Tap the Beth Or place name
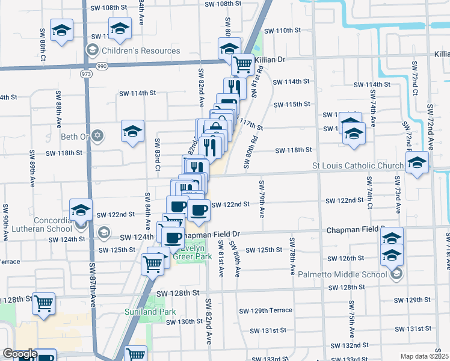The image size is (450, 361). (74, 137)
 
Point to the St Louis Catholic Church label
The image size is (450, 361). (357, 165)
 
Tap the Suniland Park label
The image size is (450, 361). (150, 312)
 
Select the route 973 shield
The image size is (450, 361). (86, 73)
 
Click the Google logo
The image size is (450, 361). (19, 354)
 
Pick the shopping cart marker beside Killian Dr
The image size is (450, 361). (242, 64)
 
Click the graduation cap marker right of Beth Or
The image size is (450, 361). (132, 132)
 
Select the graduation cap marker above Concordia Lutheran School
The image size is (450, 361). (81, 210)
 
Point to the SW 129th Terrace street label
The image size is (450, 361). (265, 310)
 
